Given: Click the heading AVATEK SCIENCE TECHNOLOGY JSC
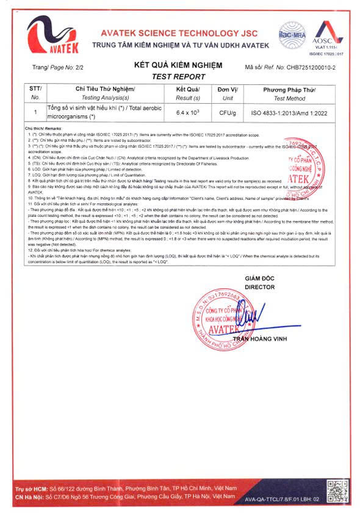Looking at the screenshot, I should (179, 34).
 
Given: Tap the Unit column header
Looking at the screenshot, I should (228, 93).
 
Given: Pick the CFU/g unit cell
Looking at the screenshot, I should (228, 113).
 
